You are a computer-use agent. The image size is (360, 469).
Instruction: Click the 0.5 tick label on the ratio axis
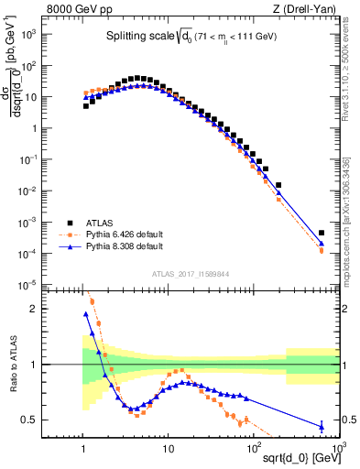click(28, 420)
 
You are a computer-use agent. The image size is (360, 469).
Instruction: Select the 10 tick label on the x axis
click(168, 449)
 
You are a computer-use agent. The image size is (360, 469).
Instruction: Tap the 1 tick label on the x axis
click(83, 449)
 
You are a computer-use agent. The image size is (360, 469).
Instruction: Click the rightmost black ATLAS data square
click(322, 233)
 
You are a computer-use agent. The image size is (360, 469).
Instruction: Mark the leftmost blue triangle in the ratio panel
click(86, 314)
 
